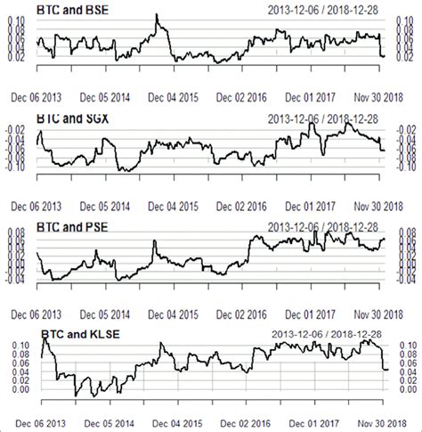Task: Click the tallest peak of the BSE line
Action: tap(157, 15)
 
